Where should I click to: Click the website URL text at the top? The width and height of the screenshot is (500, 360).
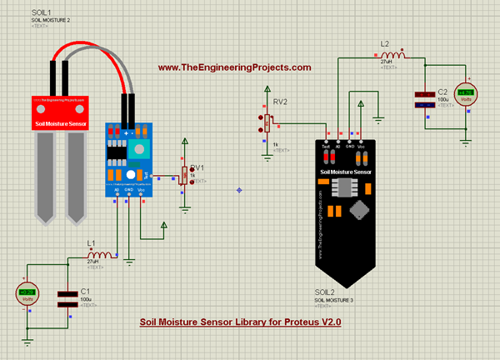[234, 67]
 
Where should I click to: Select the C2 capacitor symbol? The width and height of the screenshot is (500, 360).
[426, 99]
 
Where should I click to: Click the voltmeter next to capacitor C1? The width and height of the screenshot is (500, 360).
[27, 293]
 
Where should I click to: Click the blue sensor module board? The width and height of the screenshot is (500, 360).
[129, 158]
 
